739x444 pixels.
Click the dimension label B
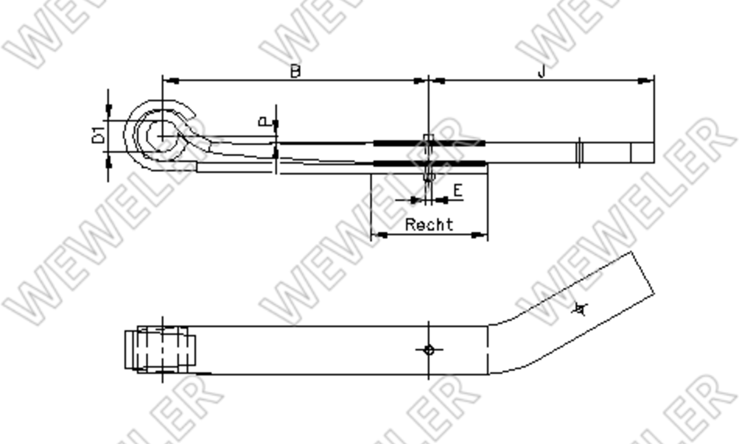coord(295,71)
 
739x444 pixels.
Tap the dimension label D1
coord(99,136)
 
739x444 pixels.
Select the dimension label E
coord(458,191)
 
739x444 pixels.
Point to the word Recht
coord(429,224)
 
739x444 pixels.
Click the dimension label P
coord(263,122)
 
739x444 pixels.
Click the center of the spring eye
coord(163,136)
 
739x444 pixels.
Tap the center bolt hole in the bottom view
coord(429,350)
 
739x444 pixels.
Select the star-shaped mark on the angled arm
coord(579,309)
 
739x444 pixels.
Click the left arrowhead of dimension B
coord(171,80)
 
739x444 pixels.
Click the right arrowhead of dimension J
coord(646,80)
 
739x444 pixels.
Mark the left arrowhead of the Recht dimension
coord(379,235)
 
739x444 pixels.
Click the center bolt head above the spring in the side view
coord(429,138)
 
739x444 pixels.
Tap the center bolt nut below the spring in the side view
coord(429,177)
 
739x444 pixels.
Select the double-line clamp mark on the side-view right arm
coord(579,152)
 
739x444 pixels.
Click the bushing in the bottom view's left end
coord(160,350)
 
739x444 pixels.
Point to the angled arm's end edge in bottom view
coord(644,273)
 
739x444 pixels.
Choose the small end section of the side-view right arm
coord(642,152)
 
